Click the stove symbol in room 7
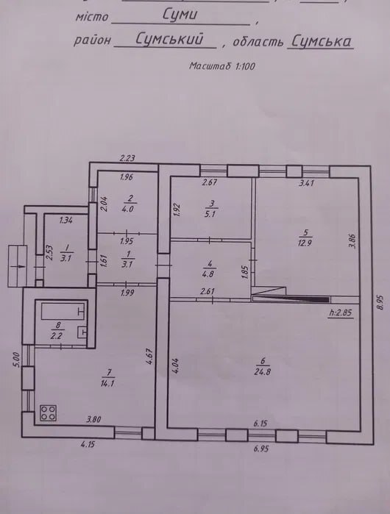[49, 413]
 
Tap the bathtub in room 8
[63, 311]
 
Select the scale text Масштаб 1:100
[222, 66]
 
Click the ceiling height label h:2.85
[341, 313]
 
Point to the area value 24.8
[262, 372]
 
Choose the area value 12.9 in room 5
[305, 243]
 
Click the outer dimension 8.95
[380, 302]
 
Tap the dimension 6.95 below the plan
[261, 448]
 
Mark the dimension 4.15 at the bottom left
[88, 444]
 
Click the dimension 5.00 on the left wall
[16, 360]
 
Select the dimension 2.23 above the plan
[127, 158]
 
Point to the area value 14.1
[108, 383]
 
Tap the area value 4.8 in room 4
[208, 274]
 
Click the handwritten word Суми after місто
[180, 15]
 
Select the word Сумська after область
[322, 41]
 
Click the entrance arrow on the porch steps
[18, 266]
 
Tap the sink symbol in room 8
[82, 332]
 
